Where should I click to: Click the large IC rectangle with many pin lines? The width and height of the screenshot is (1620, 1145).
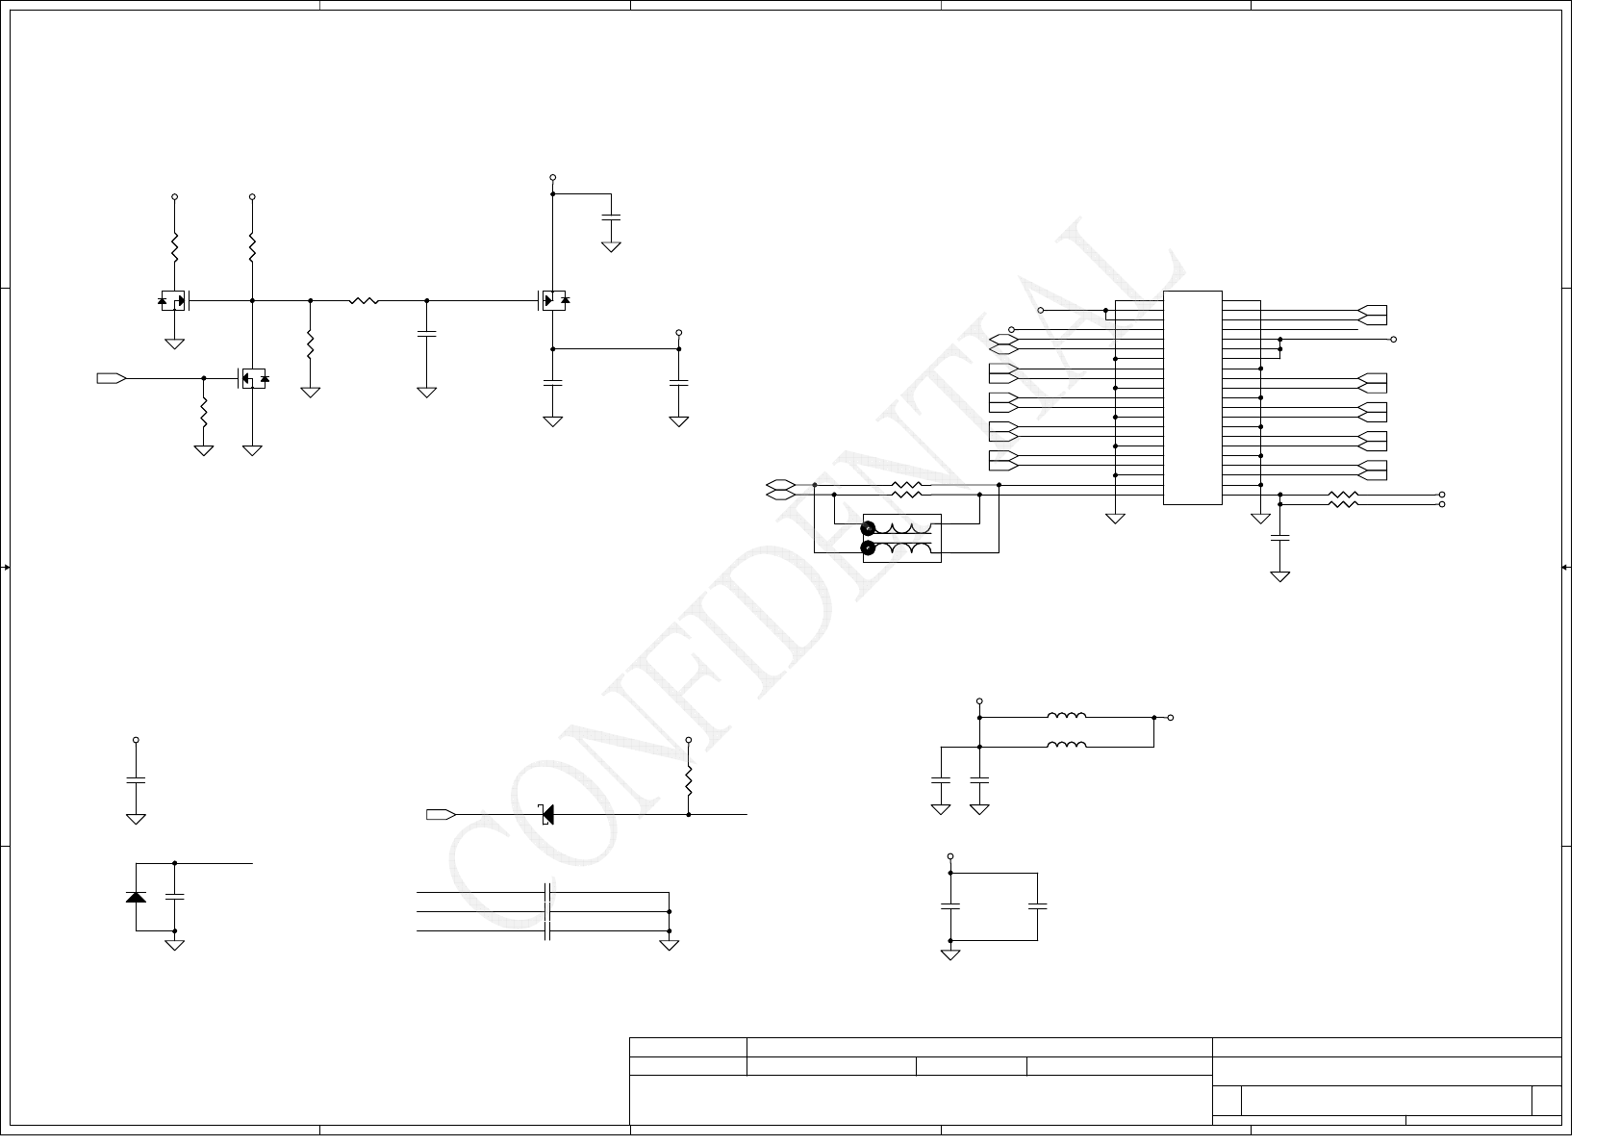1192,396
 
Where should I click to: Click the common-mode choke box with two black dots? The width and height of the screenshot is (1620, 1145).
901,538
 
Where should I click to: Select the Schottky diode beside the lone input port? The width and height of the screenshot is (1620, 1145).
547,815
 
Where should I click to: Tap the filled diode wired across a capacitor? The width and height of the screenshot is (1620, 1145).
136,897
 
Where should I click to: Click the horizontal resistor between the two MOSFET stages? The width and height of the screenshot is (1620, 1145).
364,301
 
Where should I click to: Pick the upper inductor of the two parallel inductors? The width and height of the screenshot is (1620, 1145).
1066,717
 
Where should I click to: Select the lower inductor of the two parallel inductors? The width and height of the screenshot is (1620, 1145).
1066,746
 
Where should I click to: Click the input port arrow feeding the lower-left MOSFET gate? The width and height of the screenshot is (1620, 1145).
112,378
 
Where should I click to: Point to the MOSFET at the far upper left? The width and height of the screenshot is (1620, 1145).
174,301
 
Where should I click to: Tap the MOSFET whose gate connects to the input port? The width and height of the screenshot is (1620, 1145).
252,378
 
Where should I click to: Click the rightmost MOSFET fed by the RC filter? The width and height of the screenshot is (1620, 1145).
552,301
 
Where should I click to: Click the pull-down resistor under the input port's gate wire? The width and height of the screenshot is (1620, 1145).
204,414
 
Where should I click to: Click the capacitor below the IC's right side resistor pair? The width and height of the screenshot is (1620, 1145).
1279,539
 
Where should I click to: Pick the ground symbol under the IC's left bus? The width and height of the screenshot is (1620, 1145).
1115,519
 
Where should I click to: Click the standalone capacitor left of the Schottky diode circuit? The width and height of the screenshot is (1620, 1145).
136,779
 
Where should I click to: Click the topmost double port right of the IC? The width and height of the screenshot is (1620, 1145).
1373,315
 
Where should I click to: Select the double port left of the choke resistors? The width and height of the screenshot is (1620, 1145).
780,490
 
